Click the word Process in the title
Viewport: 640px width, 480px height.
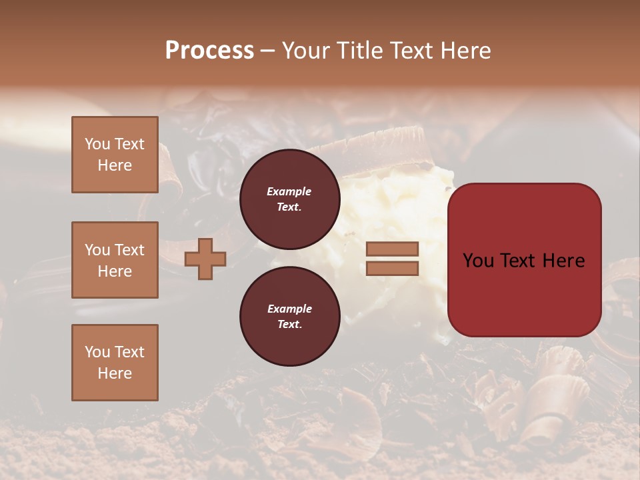coord(209,51)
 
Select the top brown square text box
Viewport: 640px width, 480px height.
coord(115,155)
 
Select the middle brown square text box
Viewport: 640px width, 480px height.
coord(115,260)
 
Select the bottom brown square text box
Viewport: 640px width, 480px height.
coord(115,363)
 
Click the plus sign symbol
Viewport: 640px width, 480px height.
coord(205,259)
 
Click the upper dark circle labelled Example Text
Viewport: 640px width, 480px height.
coord(289,199)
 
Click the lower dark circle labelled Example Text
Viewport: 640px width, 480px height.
coord(289,316)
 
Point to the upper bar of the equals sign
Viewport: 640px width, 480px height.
coord(392,249)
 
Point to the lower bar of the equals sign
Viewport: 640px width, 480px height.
coord(392,268)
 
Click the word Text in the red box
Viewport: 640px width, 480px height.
coord(522,261)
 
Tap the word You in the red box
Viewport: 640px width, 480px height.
coord(479,261)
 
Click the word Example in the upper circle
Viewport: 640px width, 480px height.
coord(289,191)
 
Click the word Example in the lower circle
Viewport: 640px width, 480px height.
coord(289,309)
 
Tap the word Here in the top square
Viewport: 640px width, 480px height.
coord(115,165)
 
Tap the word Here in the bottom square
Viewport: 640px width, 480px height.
coord(115,373)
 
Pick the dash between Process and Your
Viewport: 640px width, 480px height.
coord(267,51)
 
